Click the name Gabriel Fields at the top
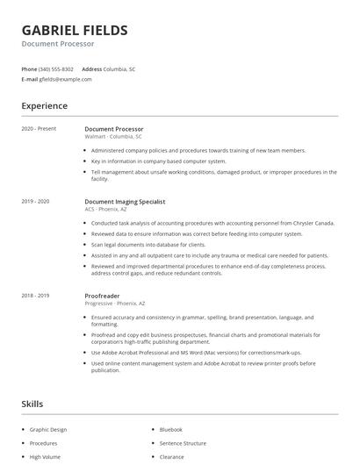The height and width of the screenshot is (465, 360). pos(75,30)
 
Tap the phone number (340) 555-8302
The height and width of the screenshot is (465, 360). pos(56,68)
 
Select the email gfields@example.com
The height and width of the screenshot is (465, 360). pos(65,79)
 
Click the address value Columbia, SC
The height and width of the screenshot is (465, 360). pos(119,68)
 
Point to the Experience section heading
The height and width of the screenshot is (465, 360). pos(44,106)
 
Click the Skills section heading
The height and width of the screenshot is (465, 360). pos(32,404)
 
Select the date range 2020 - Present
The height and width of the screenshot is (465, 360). pos(39,129)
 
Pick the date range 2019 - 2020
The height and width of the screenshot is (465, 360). pos(36,202)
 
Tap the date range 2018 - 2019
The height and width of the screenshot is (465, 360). pos(36,296)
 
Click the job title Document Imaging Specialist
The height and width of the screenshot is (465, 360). pos(126,202)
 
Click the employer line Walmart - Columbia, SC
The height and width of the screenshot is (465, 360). pos(112,137)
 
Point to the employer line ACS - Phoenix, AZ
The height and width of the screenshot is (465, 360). pos(105,210)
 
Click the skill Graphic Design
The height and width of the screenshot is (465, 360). pos(47,430)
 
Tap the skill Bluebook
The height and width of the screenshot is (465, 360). pos(170,430)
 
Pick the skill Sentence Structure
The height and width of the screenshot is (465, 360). pos(183,443)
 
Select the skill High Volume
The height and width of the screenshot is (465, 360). pos(44,456)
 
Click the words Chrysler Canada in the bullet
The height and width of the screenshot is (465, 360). pos(316,223)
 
